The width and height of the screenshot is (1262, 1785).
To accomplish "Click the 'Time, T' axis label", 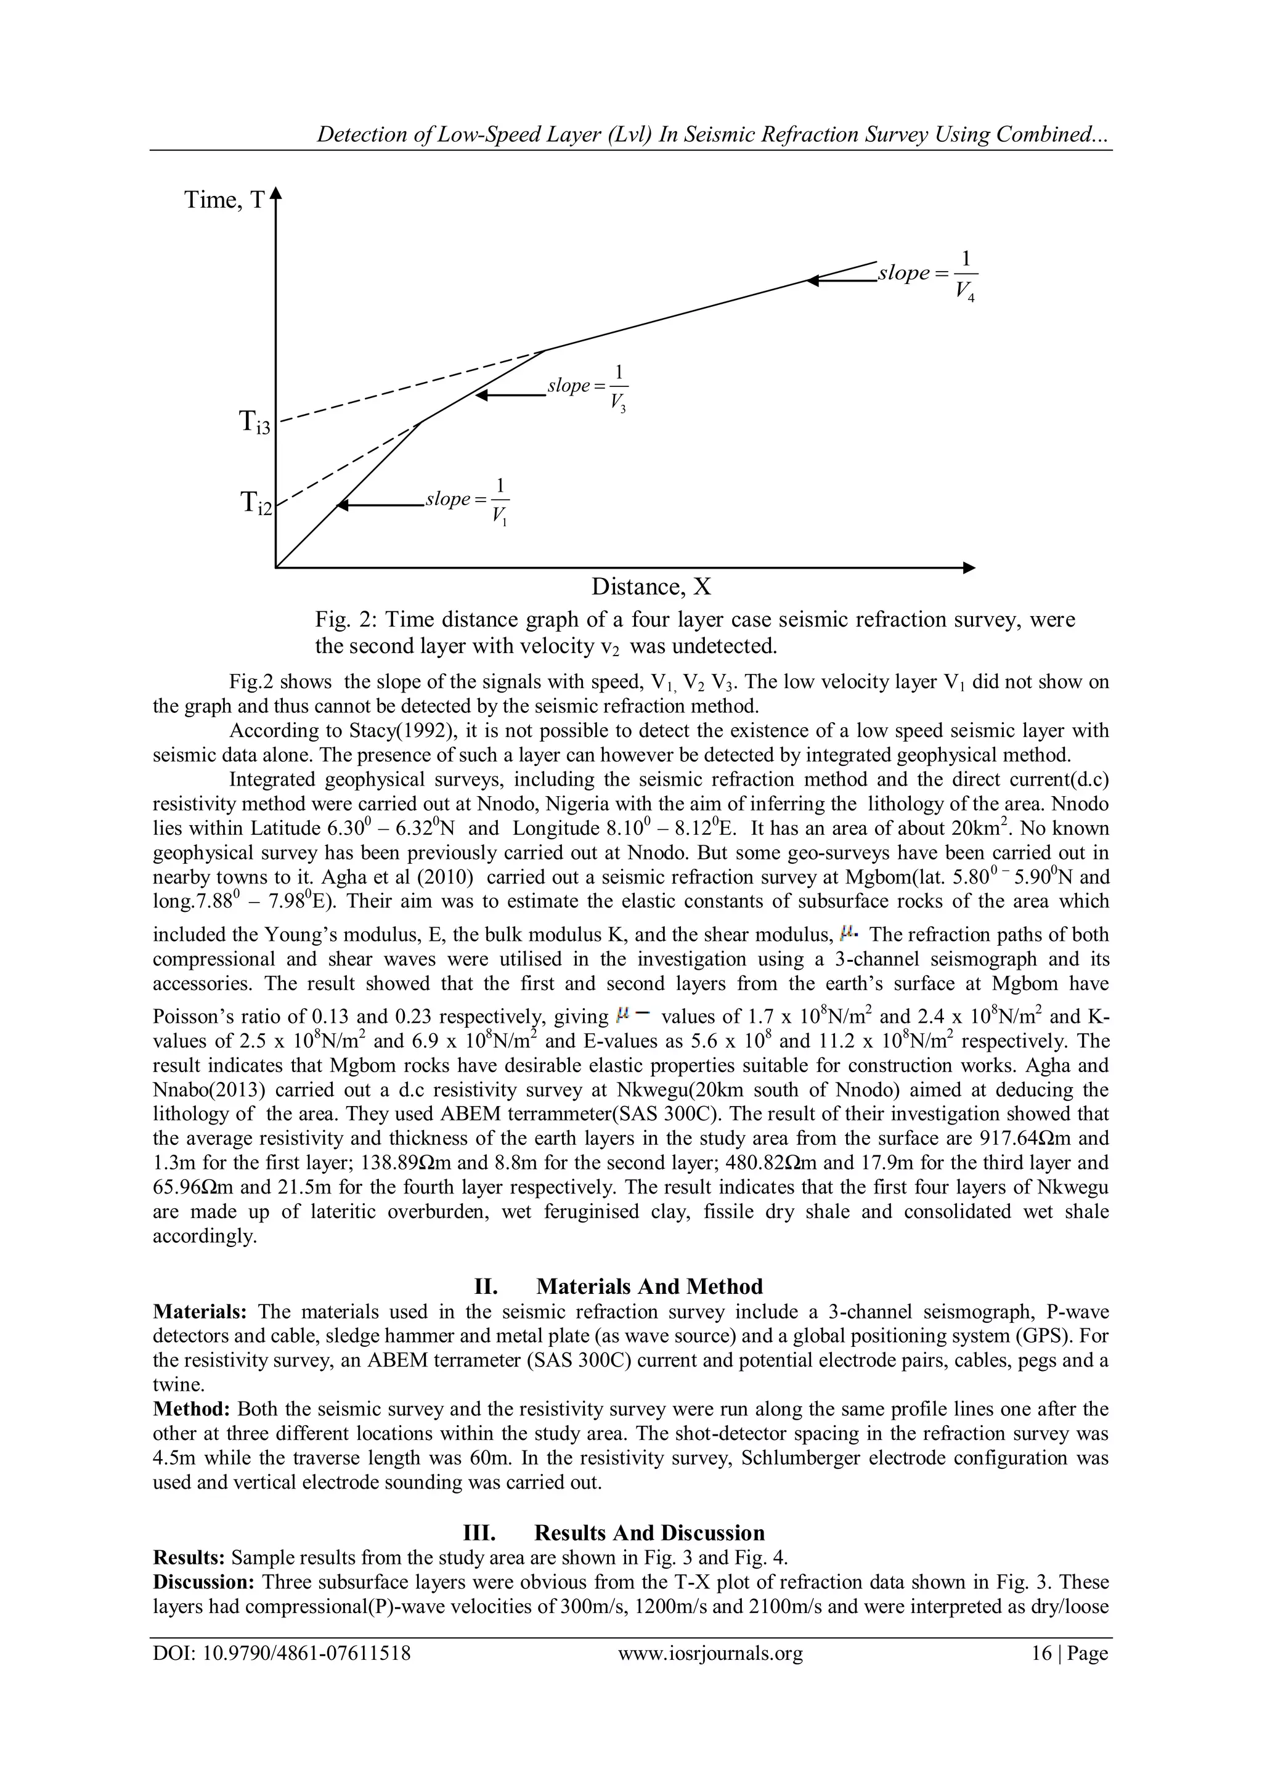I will tap(224, 201).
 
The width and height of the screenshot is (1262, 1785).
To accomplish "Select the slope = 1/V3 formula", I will tap(587, 386).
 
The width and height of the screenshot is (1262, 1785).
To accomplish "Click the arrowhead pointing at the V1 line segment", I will tap(342, 506).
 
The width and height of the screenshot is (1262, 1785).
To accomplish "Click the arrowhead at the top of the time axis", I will tap(276, 193).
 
